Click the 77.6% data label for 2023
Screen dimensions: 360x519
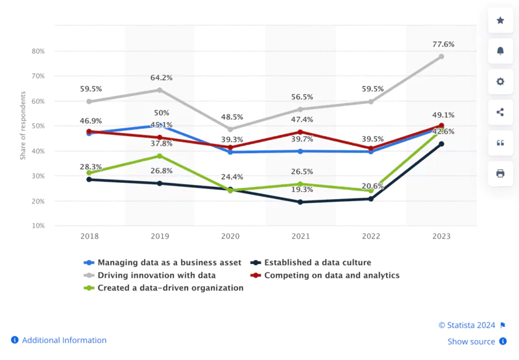point(441,45)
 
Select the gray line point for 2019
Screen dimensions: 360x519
point(160,90)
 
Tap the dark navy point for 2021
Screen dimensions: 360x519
point(300,202)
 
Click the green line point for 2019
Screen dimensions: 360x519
point(160,156)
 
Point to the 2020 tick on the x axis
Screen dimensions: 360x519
point(230,237)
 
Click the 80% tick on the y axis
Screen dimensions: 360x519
point(38,51)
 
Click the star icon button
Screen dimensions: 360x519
point(500,21)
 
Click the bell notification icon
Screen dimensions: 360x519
point(500,51)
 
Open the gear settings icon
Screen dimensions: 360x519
point(500,82)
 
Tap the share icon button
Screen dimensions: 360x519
point(500,112)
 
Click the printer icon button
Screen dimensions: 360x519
point(500,173)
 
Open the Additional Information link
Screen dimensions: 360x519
point(64,340)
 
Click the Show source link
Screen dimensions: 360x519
point(471,342)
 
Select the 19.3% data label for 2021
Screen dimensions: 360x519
point(300,189)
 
